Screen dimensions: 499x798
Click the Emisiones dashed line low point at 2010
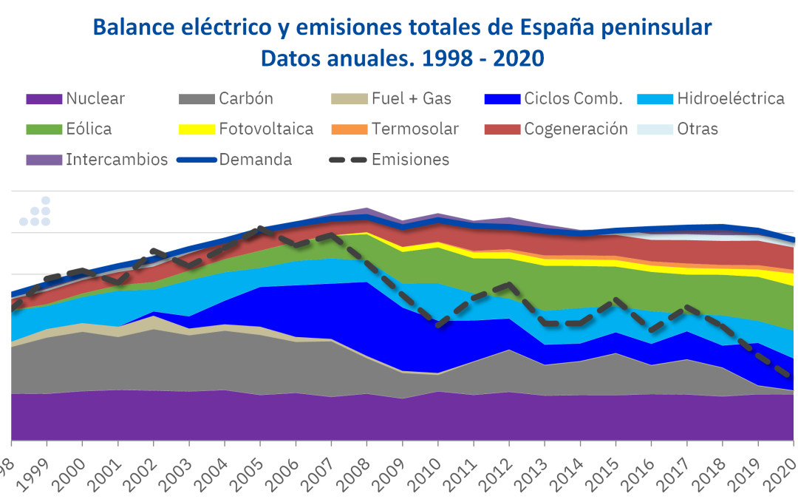[x=439, y=324]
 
